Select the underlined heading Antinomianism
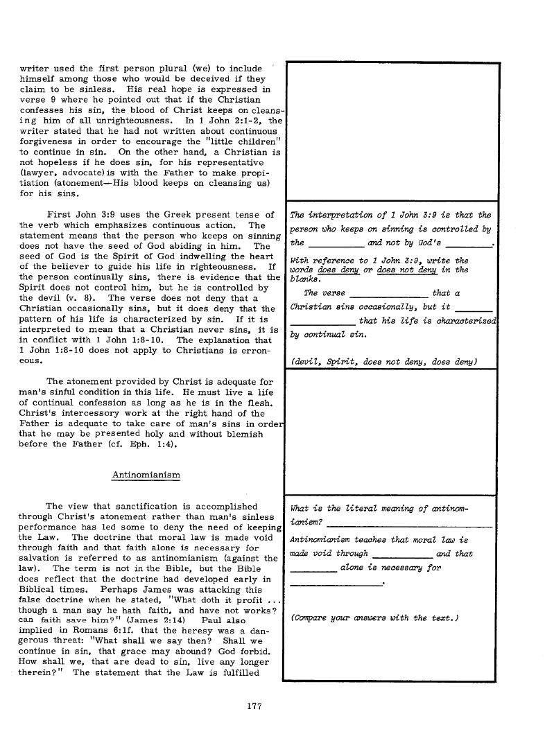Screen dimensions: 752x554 point(146,475)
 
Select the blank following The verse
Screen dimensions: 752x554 point(385,294)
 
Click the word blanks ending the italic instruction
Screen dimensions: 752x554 point(304,280)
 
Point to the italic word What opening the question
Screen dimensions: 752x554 point(301,509)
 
